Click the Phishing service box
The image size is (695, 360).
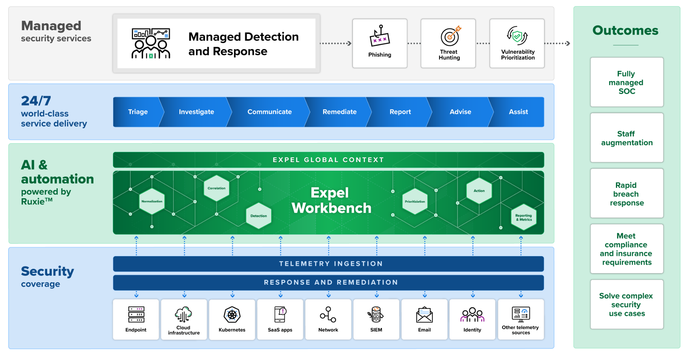coord(380,43)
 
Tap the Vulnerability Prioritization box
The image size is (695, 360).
coord(517,43)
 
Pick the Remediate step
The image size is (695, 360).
coord(339,112)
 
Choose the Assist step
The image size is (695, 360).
coord(518,112)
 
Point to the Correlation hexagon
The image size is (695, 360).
coord(217,188)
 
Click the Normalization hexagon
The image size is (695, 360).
coord(152,202)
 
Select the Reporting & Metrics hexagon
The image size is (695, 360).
coord(524,217)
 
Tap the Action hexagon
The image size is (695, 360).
coord(479,191)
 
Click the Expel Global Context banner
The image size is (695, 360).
coord(328,160)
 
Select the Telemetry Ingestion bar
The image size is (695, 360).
coord(328,264)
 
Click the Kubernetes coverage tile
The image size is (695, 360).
coord(232,319)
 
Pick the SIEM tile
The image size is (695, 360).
coord(376,319)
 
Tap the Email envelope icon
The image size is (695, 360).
coord(425,315)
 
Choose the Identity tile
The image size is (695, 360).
coord(472,319)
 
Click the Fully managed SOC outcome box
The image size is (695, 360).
coord(627,82)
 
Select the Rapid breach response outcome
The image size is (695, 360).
coord(627,193)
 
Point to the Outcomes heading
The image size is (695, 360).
coord(625,31)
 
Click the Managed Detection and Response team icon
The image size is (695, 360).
coord(151,43)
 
